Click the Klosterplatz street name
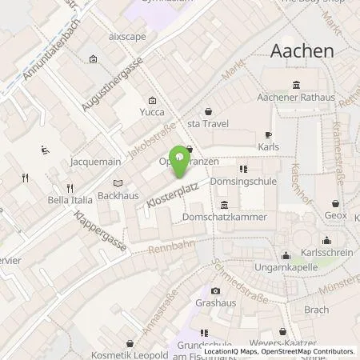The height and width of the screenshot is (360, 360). [x=172, y=195]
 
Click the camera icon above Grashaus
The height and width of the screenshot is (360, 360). [x=214, y=290]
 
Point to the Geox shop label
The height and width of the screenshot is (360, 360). [x=335, y=216]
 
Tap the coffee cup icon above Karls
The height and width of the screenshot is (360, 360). [x=269, y=134]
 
